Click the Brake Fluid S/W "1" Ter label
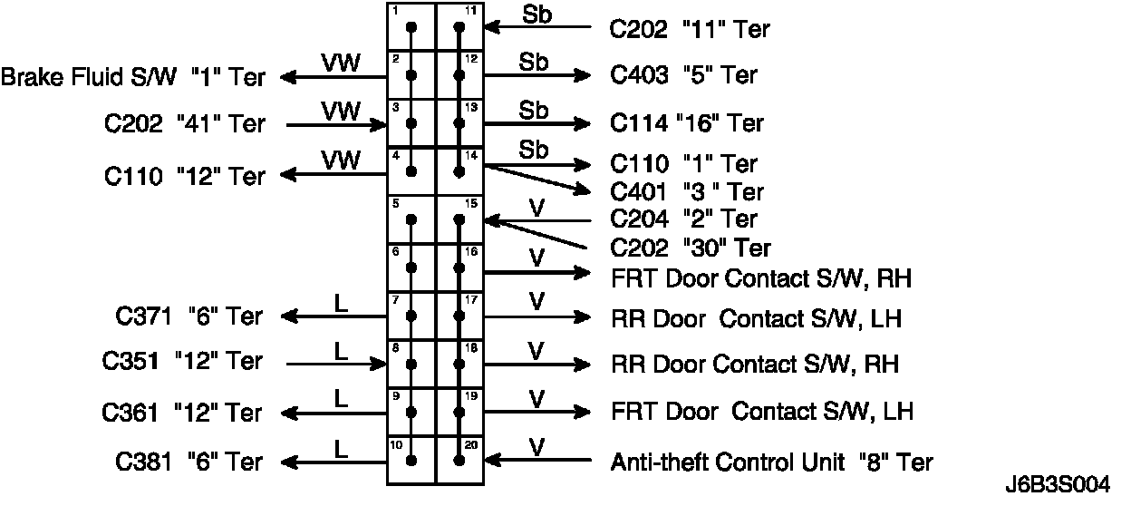132,77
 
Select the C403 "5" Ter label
683,75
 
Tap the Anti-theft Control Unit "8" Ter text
772,462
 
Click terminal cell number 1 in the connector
411,26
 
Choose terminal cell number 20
460,460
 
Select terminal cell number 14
460,170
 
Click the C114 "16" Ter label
687,122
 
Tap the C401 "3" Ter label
687,192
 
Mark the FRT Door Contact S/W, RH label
761,277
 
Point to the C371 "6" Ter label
188,316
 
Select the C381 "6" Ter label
188,462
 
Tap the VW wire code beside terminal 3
341,111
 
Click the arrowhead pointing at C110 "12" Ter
288,172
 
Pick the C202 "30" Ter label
691,247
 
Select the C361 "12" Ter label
181,414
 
